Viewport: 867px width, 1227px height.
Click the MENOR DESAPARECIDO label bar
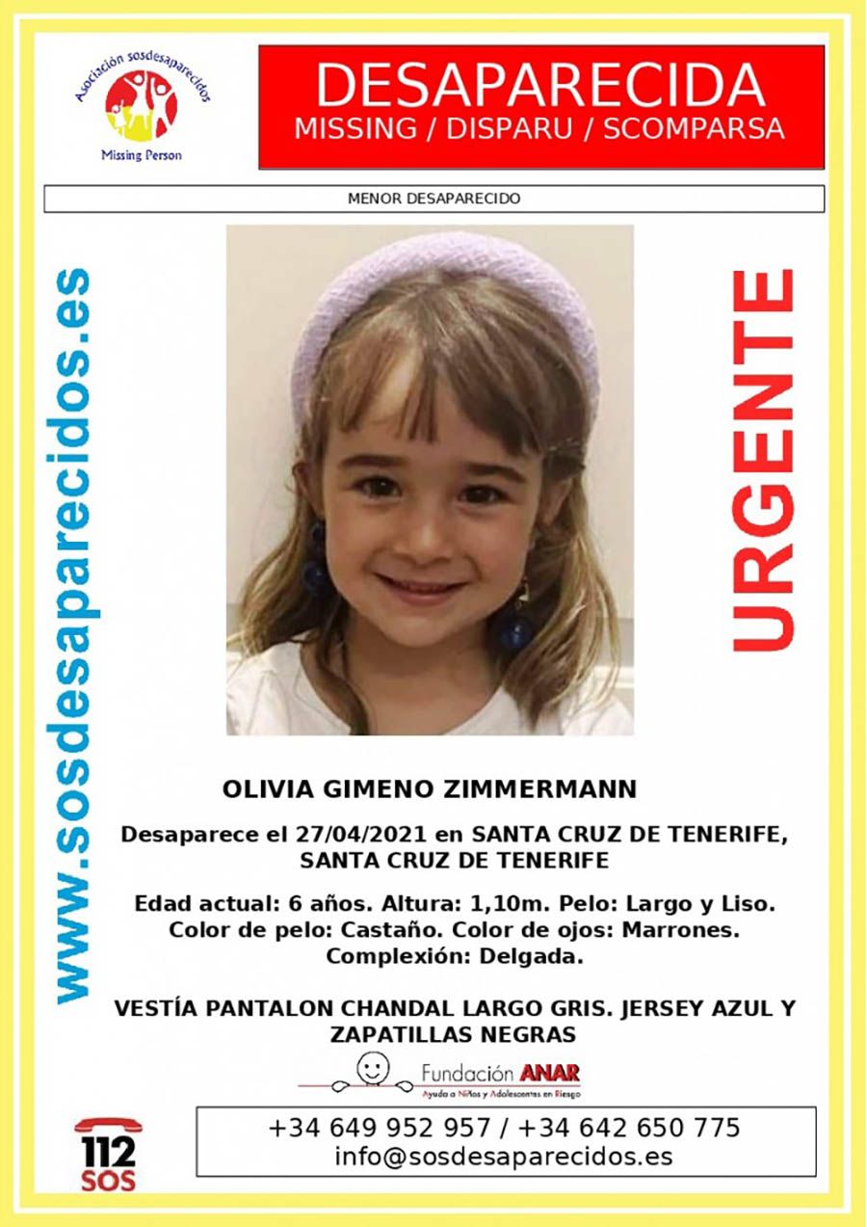click(433, 199)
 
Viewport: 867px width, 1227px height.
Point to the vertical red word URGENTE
click(764, 460)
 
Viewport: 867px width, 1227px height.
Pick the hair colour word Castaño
click(365, 931)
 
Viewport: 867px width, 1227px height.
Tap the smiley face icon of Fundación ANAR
click(372, 1066)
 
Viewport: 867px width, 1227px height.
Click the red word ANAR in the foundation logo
click(549, 1073)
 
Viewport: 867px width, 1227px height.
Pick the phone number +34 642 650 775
click(630, 1127)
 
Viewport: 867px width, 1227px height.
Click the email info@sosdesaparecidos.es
click(504, 1157)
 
